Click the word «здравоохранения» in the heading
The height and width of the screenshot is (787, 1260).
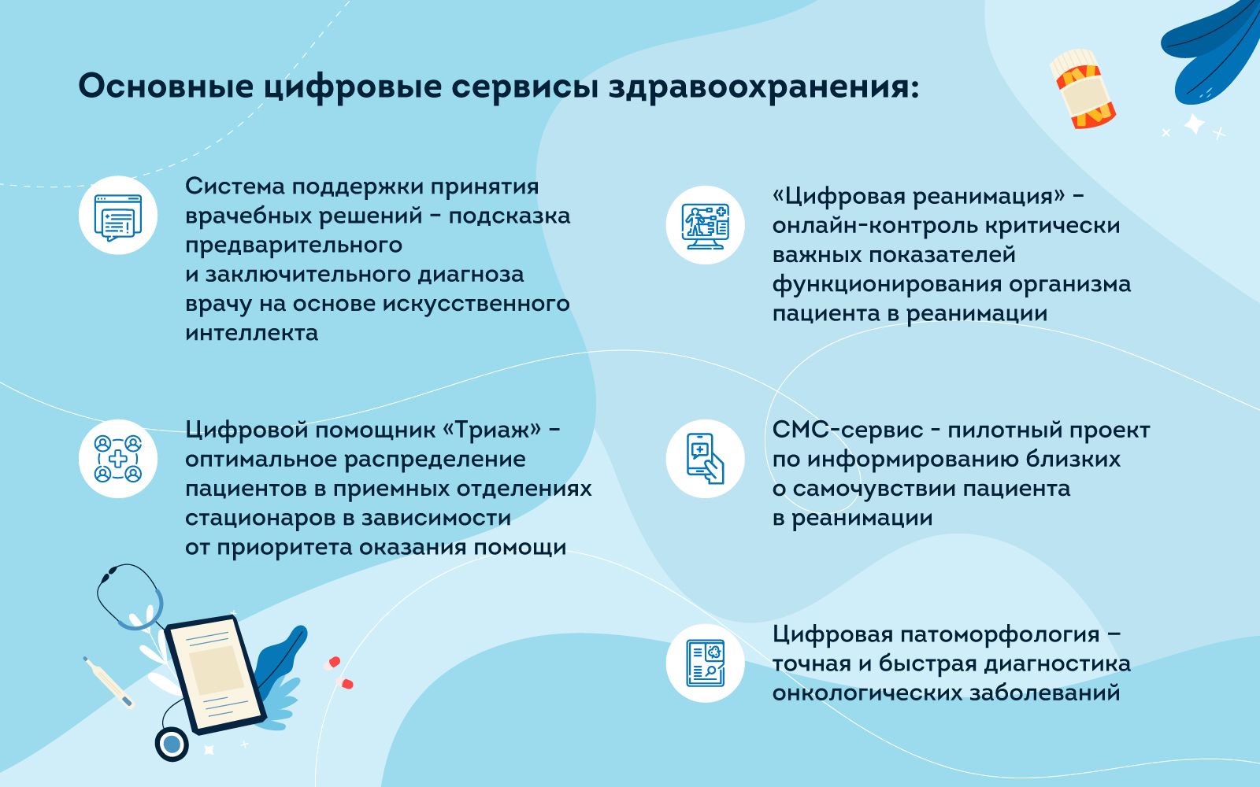pyautogui.click(x=764, y=87)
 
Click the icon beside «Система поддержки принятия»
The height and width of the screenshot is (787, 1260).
pyautogui.click(x=117, y=216)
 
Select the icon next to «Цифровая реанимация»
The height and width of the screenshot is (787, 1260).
pyautogui.click(x=706, y=225)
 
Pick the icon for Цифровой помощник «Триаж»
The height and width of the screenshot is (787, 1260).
pyautogui.click(x=117, y=459)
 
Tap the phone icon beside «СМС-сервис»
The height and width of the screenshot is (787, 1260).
pyautogui.click(x=706, y=459)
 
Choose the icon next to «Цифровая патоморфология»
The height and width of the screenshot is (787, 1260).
pyautogui.click(x=706, y=663)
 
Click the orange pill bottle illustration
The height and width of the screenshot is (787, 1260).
pyautogui.click(x=1082, y=89)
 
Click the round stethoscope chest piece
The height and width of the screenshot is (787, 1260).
pyautogui.click(x=172, y=745)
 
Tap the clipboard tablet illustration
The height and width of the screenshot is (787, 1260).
pyautogui.click(x=216, y=674)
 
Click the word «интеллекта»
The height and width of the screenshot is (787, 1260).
pyautogui.click(x=251, y=333)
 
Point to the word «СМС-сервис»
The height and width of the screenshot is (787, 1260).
pyautogui.click(x=847, y=430)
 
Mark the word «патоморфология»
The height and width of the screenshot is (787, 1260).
pyautogui.click(x=999, y=635)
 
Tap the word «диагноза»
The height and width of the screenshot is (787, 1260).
pyautogui.click(x=470, y=275)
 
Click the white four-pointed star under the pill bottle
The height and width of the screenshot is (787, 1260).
pyautogui.click(x=1194, y=124)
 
